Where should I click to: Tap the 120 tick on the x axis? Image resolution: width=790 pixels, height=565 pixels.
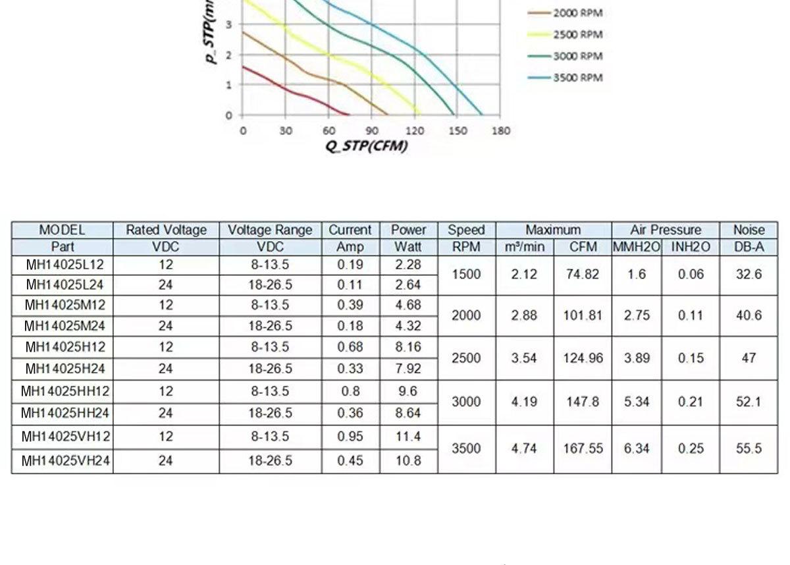pyautogui.click(x=415, y=130)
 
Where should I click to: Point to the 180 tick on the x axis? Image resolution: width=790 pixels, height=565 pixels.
pyautogui.click(x=501, y=130)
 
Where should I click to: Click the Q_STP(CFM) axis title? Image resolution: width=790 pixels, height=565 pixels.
pyautogui.click(x=366, y=146)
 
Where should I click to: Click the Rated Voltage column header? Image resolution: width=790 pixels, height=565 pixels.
pyautogui.click(x=166, y=230)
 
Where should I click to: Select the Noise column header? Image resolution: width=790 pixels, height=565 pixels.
pyautogui.click(x=749, y=230)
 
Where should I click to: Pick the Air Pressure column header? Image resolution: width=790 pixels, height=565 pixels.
pyautogui.click(x=665, y=230)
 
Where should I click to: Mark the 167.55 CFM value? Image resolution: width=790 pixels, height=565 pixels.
pyautogui.click(x=583, y=448)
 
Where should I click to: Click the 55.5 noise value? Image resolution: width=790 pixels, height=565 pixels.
pyautogui.click(x=749, y=448)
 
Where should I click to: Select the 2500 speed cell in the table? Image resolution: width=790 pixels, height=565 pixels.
pyautogui.click(x=465, y=358)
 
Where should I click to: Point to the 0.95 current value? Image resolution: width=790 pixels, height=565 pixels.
pyautogui.click(x=350, y=437)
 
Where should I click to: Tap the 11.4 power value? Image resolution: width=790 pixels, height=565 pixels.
pyautogui.click(x=408, y=437)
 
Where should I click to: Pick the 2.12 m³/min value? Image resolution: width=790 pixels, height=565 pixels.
pyautogui.click(x=524, y=274)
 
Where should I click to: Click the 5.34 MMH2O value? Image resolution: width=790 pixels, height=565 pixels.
pyautogui.click(x=637, y=402)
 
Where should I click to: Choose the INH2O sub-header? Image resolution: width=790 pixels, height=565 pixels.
pyautogui.click(x=691, y=247)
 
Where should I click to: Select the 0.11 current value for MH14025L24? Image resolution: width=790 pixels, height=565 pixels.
pyautogui.click(x=350, y=285)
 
